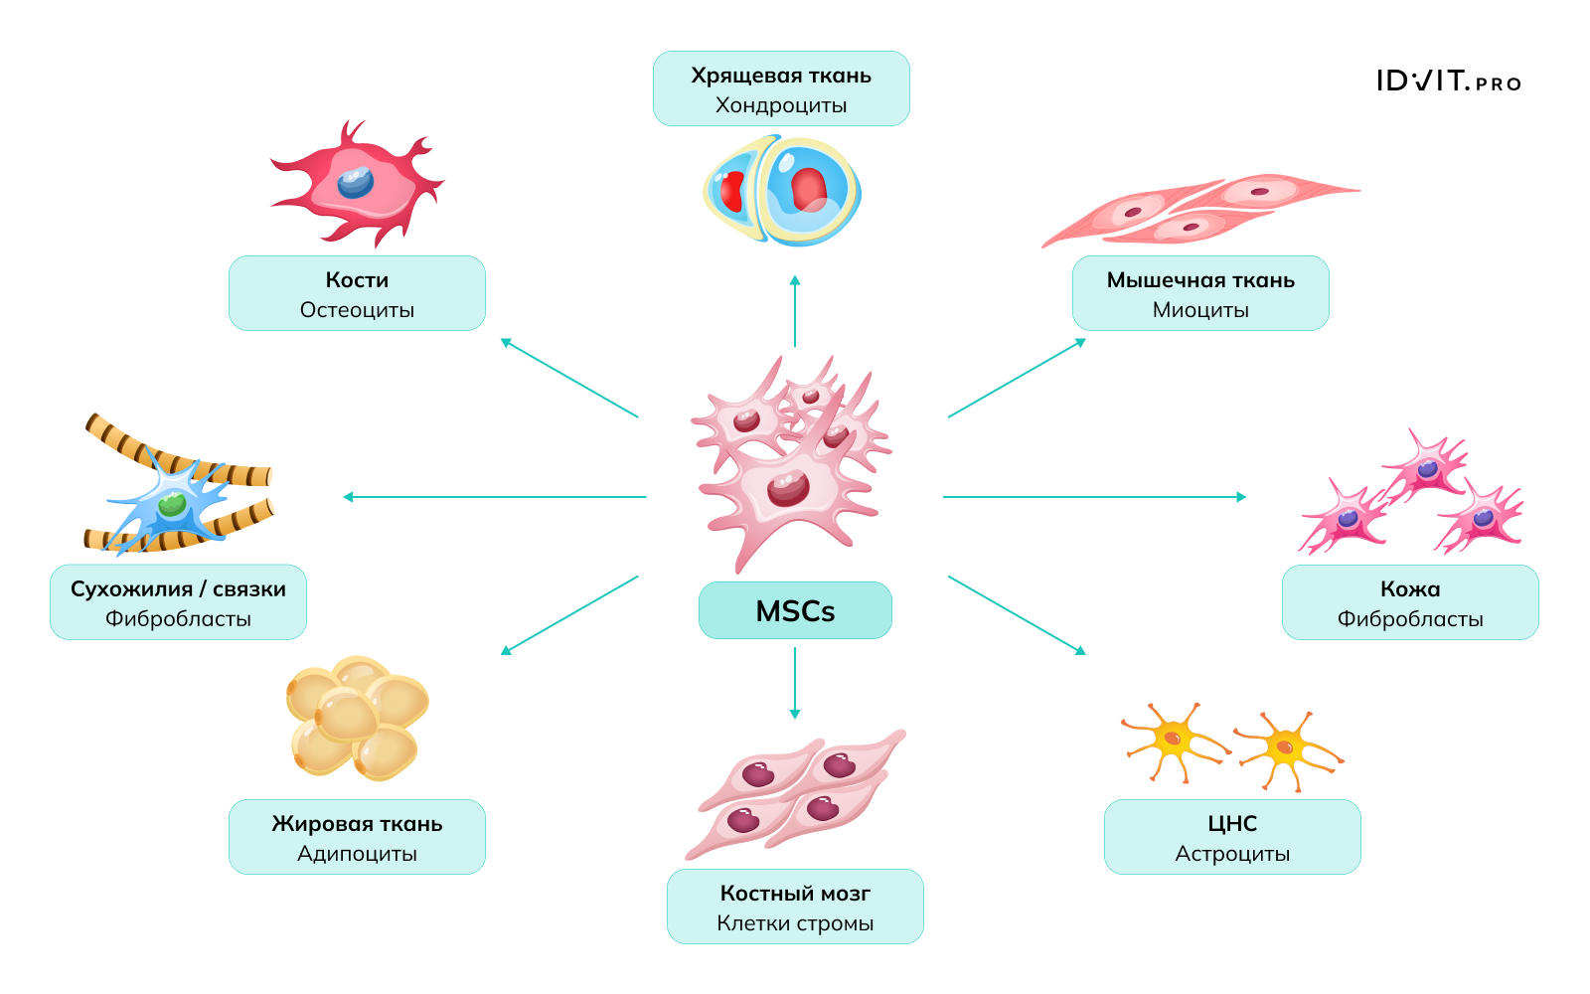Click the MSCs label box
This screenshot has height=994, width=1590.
tap(795, 610)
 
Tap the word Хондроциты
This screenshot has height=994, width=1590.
tap(781, 105)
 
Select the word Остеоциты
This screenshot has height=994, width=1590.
tap(357, 310)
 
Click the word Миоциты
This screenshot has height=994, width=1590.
tap(1200, 310)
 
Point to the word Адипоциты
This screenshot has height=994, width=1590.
tap(357, 854)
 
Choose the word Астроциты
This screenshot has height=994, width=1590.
tap(1232, 854)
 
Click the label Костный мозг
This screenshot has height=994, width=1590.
tap(795, 894)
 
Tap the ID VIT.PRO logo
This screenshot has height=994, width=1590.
tap(1448, 82)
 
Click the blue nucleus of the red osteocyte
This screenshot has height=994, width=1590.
tap(355, 182)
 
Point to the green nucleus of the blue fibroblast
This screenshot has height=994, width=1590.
tap(173, 504)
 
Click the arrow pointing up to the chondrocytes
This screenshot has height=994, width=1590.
tap(795, 310)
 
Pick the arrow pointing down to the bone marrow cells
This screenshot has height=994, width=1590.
tap(795, 683)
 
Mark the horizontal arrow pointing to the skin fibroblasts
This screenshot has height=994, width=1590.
tap(1093, 497)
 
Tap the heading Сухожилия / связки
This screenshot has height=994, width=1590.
tap(178, 589)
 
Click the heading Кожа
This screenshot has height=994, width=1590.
tap(1410, 589)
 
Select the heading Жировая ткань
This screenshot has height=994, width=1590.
tap(357, 824)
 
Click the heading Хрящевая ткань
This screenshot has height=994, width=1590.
tap(781, 76)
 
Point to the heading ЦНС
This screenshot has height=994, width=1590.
tap(1232, 824)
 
